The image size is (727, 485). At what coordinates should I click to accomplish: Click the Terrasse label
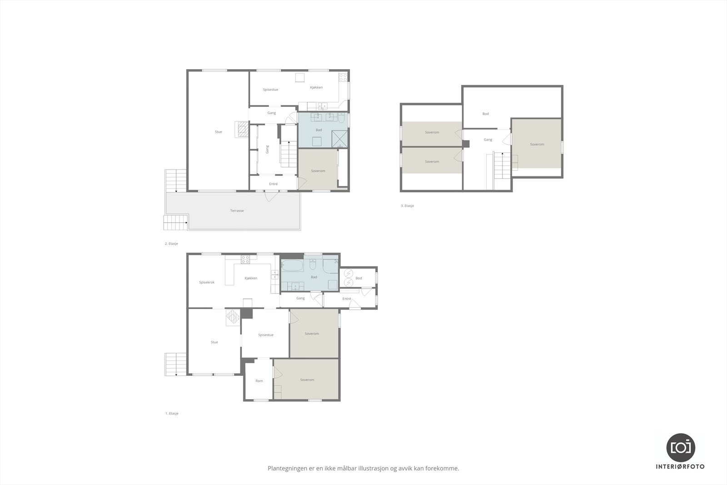pyautogui.click(x=237, y=211)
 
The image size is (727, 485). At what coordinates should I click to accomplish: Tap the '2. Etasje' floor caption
pyautogui.click(x=171, y=244)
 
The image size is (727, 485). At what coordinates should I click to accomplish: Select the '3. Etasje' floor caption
pyautogui.click(x=407, y=206)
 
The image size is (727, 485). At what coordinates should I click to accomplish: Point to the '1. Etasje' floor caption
pyautogui.click(x=171, y=414)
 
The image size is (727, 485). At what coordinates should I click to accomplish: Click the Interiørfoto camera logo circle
pyautogui.click(x=680, y=447)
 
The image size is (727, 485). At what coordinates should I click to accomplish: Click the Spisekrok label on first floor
pyautogui.click(x=207, y=282)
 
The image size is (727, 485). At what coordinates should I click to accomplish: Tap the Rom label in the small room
pyautogui.click(x=259, y=381)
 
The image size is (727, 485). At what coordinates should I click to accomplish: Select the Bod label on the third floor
pyautogui.click(x=485, y=114)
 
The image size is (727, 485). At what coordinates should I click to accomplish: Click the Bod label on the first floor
pyautogui.click(x=359, y=278)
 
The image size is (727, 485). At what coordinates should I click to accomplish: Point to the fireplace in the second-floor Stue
pyautogui.click(x=242, y=130)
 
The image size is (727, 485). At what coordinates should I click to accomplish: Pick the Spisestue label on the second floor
pyautogui.click(x=270, y=90)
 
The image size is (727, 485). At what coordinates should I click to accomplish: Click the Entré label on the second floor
pyautogui.click(x=273, y=184)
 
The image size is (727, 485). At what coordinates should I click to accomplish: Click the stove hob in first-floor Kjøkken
pyautogui.click(x=245, y=260)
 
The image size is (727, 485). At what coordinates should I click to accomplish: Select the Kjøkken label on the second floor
pyautogui.click(x=316, y=87)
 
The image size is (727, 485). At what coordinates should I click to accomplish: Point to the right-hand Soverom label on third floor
pyautogui.click(x=537, y=145)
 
